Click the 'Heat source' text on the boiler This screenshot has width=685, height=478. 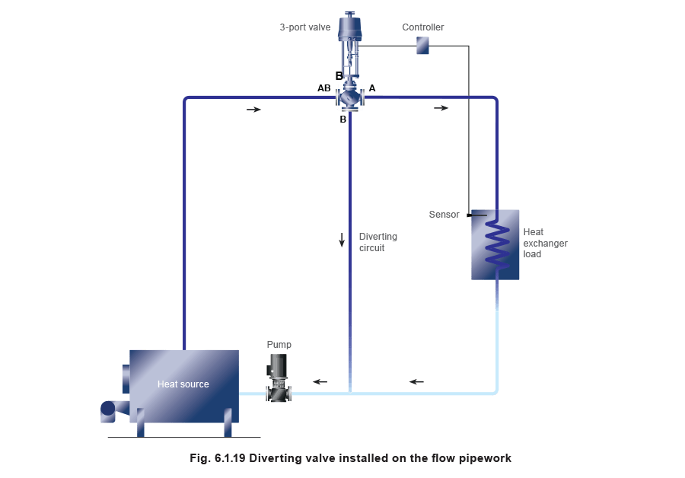pos(183,384)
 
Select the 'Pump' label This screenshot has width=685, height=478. pos(279,345)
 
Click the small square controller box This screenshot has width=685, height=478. pos(422,46)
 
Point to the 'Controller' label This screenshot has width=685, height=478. pos(422,27)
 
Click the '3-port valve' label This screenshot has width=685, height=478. pos(304,27)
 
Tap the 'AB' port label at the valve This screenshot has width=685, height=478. pos(324,88)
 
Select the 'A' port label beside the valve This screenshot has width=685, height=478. pos(372,88)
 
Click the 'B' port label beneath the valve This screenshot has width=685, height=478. pos(343,120)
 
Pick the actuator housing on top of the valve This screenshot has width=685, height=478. pos(350,30)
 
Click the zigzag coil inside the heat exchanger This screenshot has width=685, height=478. pos(497,244)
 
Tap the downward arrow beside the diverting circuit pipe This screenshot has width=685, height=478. pos(342,240)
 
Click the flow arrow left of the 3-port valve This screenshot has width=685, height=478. pos(254,110)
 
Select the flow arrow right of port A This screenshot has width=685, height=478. pos(441,108)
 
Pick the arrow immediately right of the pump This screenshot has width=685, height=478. pos(320,381)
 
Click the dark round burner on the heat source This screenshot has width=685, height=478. pos(108,409)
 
